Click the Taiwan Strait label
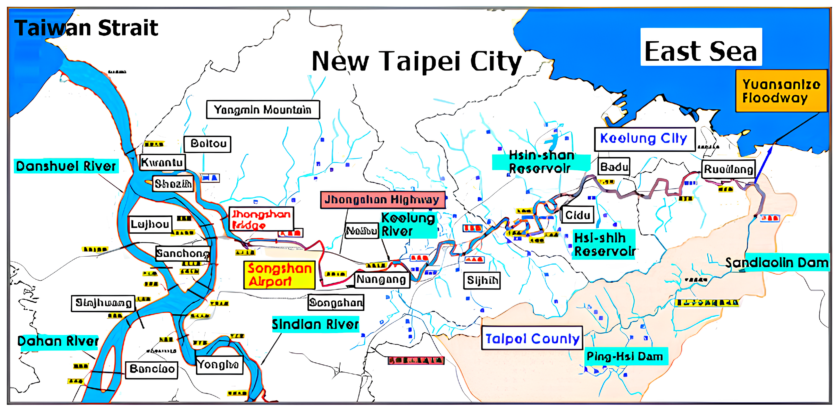(86, 28)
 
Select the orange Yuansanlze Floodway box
(781, 91)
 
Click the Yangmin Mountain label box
(263, 110)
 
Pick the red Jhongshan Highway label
(382, 199)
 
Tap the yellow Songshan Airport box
(279, 275)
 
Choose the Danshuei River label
(66, 166)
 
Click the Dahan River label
(58, 342)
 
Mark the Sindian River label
(315, 324)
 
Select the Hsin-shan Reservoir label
(541, 162)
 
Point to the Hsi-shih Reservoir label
(604, 244)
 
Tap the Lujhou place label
(150, 224)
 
